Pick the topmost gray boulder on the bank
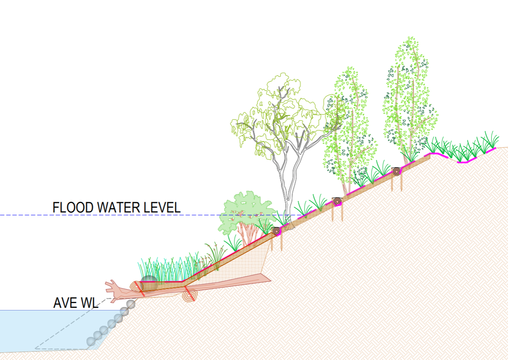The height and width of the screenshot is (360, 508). point(131,304)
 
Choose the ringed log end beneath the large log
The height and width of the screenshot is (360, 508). point(189,295)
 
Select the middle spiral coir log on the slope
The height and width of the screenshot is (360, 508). point(337,201)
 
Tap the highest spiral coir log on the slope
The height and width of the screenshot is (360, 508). point(397,171)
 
